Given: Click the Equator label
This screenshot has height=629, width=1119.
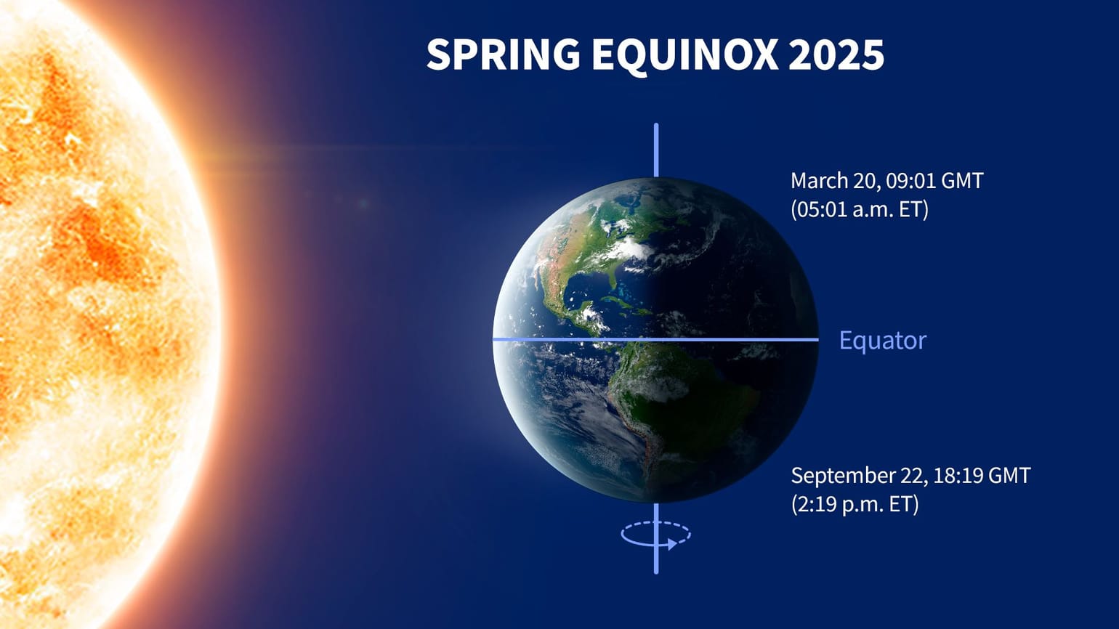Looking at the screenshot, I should pos(882,341).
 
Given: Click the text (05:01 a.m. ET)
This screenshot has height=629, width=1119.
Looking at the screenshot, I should pos(859,210).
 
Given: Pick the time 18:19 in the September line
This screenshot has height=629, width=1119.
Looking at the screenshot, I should pos(959,476).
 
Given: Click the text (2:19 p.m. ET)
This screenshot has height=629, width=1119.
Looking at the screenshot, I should pos(855,504).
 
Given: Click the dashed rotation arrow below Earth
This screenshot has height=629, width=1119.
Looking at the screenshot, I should pos(655,535).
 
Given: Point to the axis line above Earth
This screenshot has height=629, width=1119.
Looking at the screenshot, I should pos(656,150).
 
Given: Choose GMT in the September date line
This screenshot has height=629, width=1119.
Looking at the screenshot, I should pos(1009,476).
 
